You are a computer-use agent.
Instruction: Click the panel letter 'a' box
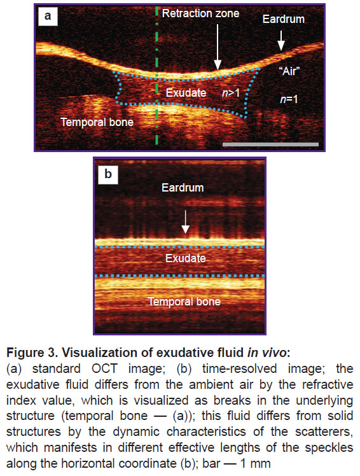point(48,16)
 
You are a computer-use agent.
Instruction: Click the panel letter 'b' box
point(107,174)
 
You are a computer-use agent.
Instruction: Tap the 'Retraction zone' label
point(200,13)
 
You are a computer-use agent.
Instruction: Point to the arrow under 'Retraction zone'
point(218,46)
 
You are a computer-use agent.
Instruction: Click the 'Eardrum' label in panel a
point(284,19)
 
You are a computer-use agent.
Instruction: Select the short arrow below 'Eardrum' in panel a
point(281,40)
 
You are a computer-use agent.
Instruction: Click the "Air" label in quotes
point(289,71)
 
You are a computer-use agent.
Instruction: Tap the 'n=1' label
point(289,99)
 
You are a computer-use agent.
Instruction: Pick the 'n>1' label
point(231,93)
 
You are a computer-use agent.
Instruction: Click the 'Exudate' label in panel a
point(186,93)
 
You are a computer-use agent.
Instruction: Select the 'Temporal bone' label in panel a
point(97,122)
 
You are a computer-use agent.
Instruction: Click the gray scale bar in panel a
point(271,144)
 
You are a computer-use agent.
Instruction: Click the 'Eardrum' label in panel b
point(183,188)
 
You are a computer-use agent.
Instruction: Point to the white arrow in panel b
point(186,222)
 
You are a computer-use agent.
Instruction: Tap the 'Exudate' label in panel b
point(186,258)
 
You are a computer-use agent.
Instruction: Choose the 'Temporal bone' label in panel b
point(184,302)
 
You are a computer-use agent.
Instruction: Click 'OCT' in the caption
point(104,369)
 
